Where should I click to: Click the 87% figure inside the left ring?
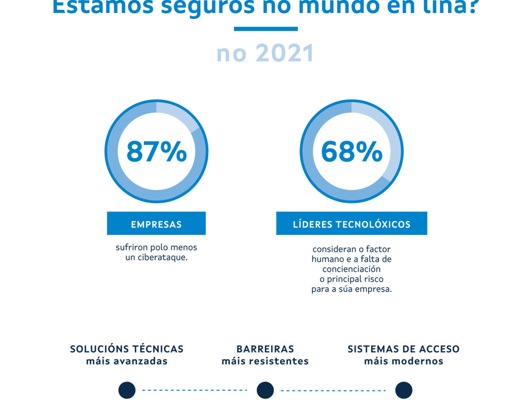click(x=156, y=151)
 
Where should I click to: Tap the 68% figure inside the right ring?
click(x=352, y=151)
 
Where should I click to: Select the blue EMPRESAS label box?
click(x=156, y=224)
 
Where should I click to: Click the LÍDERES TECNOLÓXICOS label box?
click(x=352, y=224)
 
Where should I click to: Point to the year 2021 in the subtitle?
click(x=285, y=54)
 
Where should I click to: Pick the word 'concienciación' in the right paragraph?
click(x=352, y=269)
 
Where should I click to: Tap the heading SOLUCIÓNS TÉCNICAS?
click(x=127, y=349)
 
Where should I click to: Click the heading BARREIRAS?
click(x=265, y=349)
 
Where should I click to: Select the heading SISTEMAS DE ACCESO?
click(x=404, y=349)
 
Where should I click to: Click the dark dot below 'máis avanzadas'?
click(x=127, y=390)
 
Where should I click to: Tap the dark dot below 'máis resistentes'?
click(x=265, y=390)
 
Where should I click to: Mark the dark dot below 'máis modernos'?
click(x=404, y=390)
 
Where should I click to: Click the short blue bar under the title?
click(x=265, y=29)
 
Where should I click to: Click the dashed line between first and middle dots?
click(x=195, y=390)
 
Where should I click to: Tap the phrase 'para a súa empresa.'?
click(x=352, y=289)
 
